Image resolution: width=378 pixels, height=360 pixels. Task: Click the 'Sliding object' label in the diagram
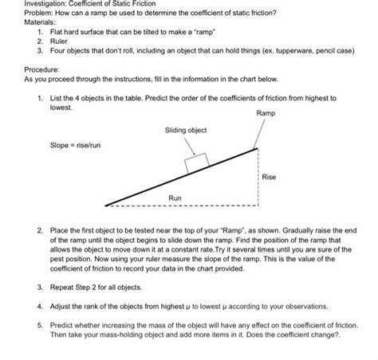click(x=186, y=130)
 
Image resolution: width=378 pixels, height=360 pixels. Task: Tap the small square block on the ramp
click(x=195, y=163)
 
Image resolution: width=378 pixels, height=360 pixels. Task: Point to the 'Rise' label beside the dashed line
click(x=269, y=177)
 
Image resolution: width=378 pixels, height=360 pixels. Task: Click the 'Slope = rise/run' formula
click(x=70, y=145)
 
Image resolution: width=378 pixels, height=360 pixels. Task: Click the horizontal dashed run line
click(x=175, y=204)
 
